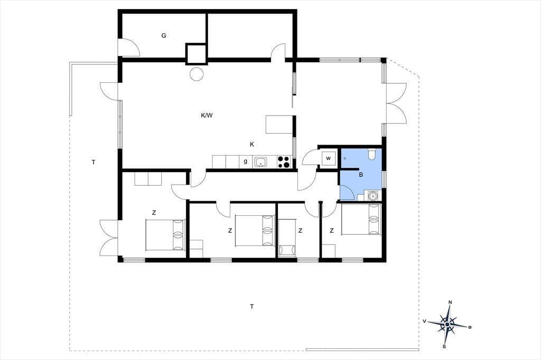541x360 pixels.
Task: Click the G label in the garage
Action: pos(164,35)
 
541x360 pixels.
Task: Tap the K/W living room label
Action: pos(207,116)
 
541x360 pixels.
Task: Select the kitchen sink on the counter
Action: pos(260,162)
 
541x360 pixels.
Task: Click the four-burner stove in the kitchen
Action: pos(284,162)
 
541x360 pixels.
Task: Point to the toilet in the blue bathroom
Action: pos(371,154)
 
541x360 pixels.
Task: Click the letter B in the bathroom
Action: pos(361,175)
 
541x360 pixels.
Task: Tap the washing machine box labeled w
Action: pos(328,158)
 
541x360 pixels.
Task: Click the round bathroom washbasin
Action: pos(372,196)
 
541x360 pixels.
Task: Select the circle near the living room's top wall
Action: pos(197,73)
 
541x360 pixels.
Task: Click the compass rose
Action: pos(447,324)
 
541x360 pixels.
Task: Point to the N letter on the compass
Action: pos(450,302)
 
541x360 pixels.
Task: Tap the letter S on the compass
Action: pos(444,347)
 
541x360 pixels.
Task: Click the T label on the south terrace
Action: pos(252,306)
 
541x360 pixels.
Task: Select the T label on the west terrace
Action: pos(94,162)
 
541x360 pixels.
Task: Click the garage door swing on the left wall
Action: pos(129,48)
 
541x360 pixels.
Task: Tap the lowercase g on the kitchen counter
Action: pos(245,161)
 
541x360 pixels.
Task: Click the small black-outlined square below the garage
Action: pos(196,54)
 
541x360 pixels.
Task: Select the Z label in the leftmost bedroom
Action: pos(154,213)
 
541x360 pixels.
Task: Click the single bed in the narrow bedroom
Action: pos(287,238)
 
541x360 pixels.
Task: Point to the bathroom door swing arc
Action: pos(348,192)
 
